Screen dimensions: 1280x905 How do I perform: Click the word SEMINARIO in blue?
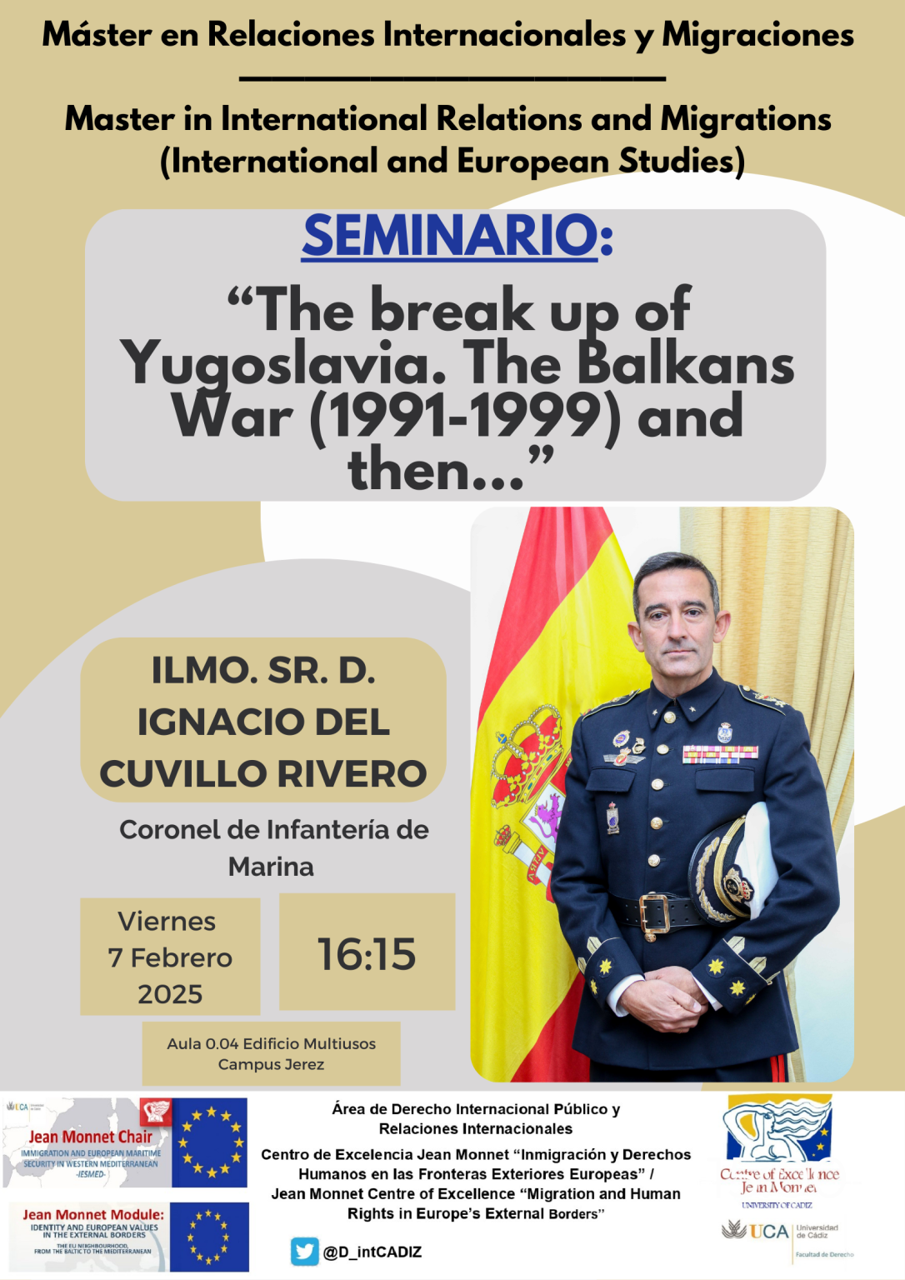point(450,236)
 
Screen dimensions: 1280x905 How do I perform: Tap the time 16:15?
point(367,953)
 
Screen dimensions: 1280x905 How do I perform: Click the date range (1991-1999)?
point(465,417)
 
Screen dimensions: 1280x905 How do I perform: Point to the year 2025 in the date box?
point(170,994)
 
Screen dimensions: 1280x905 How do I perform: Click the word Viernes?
point(167,922)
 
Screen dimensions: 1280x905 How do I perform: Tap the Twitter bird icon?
point(304,1251)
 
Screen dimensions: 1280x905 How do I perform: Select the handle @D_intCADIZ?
point(372,1252)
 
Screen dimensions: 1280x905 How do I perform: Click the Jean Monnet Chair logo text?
point(90,1137)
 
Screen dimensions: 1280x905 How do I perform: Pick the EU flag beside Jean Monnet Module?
point(209,1236)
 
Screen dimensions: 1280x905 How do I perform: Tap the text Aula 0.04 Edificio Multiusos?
point(271,1043)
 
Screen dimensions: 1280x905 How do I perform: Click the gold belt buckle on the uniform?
point(654,913)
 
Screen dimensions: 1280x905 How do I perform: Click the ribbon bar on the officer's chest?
point(720,753)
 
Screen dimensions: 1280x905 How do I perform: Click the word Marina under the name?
point(271,867)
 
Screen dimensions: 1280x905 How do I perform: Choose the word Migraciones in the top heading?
point(757,35)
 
